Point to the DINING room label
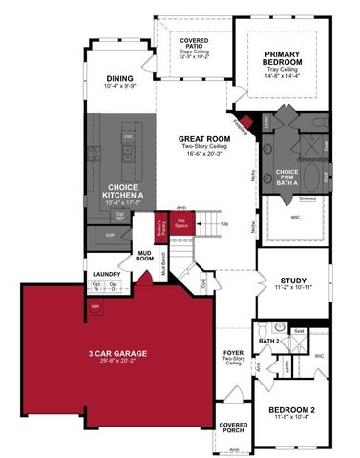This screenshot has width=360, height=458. coord(106,78)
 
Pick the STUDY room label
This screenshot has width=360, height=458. coord(283,280)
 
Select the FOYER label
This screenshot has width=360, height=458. coord(232,350)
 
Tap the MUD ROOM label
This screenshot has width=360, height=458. coord(145,256)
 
